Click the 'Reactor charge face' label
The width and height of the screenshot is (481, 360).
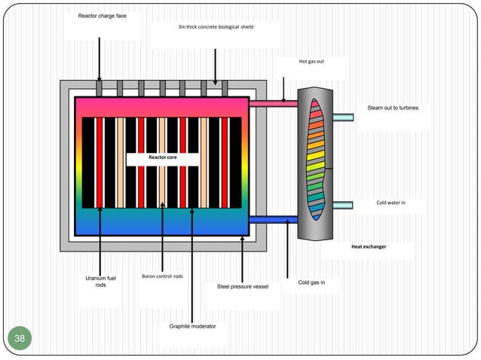pos(102,16)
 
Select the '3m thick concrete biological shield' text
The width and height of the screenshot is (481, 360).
pos(216,27)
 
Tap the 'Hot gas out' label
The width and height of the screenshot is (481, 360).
pos(311,62)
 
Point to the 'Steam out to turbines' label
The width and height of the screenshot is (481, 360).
pos(392,108)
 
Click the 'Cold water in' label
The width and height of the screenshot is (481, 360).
pos(391,203)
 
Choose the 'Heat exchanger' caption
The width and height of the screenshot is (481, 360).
pos(368,247)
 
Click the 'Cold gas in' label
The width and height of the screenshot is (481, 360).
pos(311,282)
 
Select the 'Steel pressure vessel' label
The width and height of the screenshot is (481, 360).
pos(242,286)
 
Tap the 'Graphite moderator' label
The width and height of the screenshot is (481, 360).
pos(192,326)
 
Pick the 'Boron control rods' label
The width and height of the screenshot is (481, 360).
pos(162,276)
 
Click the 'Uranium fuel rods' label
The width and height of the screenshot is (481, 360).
pos(100,282)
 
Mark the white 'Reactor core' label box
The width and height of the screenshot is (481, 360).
pos(162,158)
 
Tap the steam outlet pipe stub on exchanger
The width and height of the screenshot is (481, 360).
pos(342,117)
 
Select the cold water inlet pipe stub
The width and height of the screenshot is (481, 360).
pos(342,205)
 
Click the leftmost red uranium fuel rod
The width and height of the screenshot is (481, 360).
pos(100,162)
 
